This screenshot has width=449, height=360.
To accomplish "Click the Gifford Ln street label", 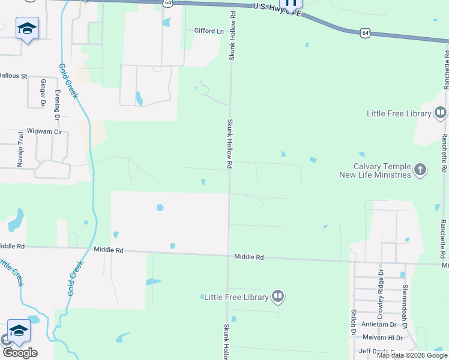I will (x=208, y=31).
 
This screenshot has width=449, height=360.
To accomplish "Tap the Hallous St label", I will (x=13, y=76).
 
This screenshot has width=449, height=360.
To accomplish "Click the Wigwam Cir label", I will (x=40, y=131).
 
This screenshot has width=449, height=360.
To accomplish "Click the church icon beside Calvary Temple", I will (x=420, y=170).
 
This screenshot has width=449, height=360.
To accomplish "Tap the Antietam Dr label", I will (x=378, y=325).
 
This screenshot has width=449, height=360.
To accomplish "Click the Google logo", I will (x=20, y=353).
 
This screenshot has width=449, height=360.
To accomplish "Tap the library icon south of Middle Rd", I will (x=278, y=296).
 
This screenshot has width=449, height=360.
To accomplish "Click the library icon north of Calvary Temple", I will (x=440, y=113).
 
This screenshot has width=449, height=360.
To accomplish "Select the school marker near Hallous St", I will (x=27, y=29).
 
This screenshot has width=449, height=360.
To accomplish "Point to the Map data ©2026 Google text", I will (x=412, y=355).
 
